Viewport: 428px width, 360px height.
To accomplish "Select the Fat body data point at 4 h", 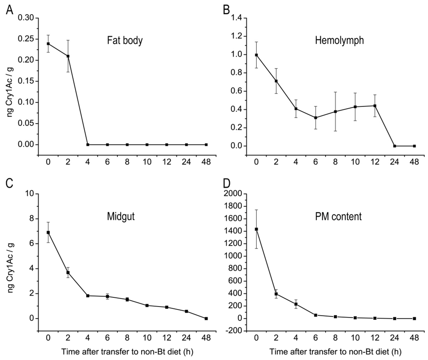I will (88, 145).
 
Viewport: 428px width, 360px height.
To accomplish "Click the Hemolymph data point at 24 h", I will (395, 146).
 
